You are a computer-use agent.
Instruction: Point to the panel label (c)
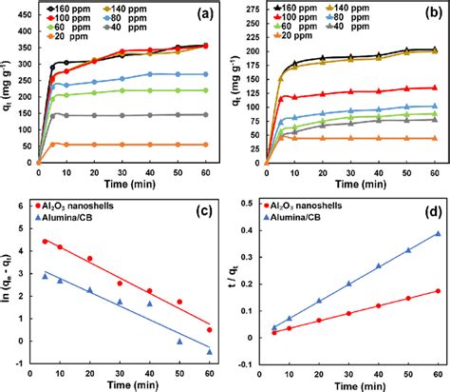point(201,221)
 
